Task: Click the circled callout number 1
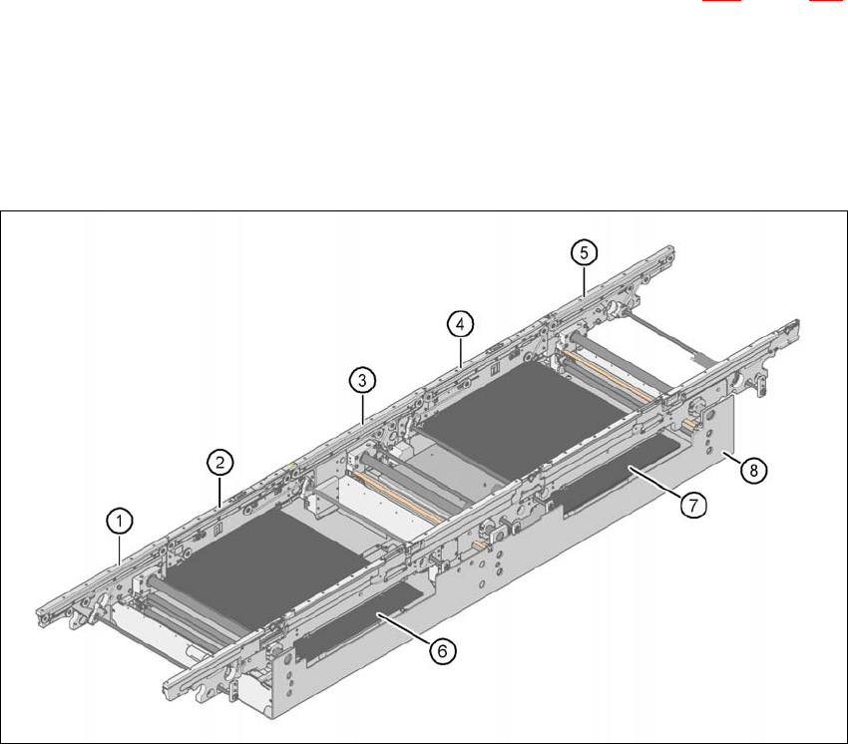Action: tap(119, 520)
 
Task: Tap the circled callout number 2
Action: tap(220, 462)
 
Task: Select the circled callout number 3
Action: tap(362, 380)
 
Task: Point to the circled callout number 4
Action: tap(459, 324)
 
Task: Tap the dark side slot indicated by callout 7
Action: tap(619, 479)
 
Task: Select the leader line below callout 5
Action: tap(583, 278)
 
